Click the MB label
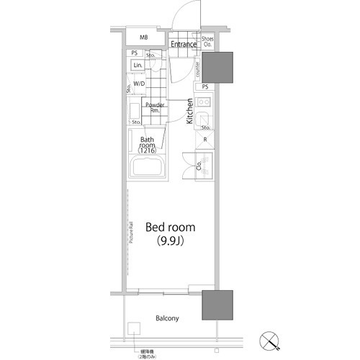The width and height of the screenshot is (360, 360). [x=143, y=37]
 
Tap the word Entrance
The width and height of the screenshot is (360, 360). [x=184, y=45]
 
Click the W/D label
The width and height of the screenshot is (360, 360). [x=139, y=84]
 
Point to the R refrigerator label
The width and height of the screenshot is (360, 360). [x=206, y=140]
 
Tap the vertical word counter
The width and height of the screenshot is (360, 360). [x=197, y=68]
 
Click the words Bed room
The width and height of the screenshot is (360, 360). [x=171, y=227]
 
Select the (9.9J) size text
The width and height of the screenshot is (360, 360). [x=171, y=242]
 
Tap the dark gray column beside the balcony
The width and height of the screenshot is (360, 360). [x=217, y=305]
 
